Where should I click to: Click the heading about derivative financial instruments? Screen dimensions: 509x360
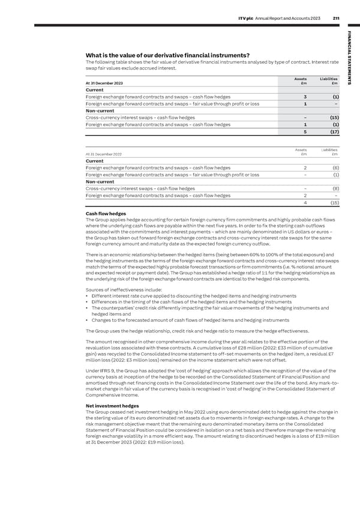164,56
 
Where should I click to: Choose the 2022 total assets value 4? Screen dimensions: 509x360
305,203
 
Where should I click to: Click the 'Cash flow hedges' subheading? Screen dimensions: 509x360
106,214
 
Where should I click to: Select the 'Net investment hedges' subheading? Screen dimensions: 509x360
112,405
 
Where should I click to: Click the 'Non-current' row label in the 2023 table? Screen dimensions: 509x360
101,110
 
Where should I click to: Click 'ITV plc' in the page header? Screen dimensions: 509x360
247,17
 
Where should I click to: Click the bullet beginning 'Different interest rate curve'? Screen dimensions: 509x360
192,297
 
